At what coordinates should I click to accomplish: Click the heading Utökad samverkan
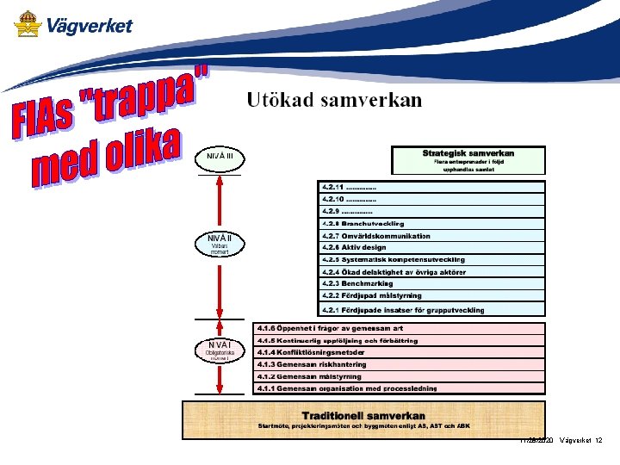coord(334,101)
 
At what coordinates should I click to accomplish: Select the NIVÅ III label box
coord(220,158)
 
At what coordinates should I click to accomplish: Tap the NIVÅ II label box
coord(220,243)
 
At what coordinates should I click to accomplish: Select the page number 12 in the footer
coord(598,441)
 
